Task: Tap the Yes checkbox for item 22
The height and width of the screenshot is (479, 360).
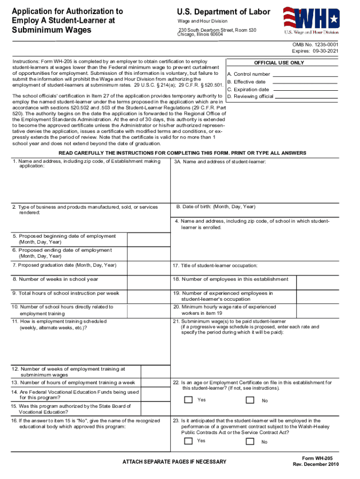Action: coord(188,400)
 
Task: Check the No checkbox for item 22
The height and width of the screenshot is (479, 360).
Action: coord(250,400)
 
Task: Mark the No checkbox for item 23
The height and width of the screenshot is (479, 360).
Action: coord(250,441)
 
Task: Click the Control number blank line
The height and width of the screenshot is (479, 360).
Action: coord(305,75)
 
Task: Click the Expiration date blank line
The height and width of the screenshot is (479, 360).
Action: coord(304,90)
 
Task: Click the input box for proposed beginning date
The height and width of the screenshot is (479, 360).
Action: coord(148,239)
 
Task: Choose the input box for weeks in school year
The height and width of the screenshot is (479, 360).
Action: coord(148,279)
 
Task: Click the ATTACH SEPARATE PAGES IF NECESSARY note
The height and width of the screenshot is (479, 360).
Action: coord(174,462)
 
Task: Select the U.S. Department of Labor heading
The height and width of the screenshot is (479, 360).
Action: coord(223,12)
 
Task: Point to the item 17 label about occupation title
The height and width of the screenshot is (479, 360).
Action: coord(215,266)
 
